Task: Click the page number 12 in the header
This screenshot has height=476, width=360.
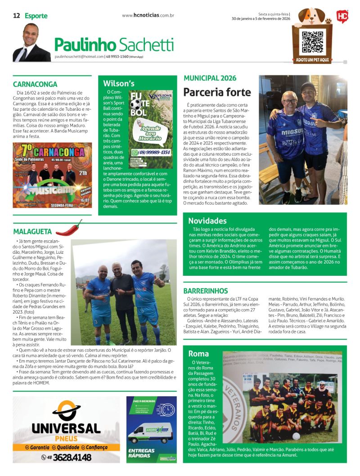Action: (x=16, y=16)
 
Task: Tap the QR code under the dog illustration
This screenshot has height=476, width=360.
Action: (x=312, y=42)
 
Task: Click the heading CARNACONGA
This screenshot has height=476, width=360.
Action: (x=35, y=84)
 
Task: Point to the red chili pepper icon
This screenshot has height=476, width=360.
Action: (x=69, y=228)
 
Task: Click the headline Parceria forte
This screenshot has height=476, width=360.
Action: (x=217, y=92)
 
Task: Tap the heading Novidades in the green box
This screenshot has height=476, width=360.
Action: (x=207, y=221)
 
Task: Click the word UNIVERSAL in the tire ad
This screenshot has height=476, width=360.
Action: (x=66, y=428)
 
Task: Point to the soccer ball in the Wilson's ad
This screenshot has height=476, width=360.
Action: (x=135, y=104)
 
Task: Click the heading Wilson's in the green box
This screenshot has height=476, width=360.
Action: (x=119, y=83)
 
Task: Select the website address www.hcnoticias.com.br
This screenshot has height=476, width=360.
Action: (x=148, y=15)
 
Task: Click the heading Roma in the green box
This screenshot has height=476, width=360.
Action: (x=198, y=353)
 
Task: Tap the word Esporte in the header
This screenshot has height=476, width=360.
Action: (x=36, y=16)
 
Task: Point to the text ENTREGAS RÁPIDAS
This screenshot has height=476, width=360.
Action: (x=142, y=453)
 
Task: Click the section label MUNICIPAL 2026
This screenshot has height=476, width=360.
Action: (x=211, y=78)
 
